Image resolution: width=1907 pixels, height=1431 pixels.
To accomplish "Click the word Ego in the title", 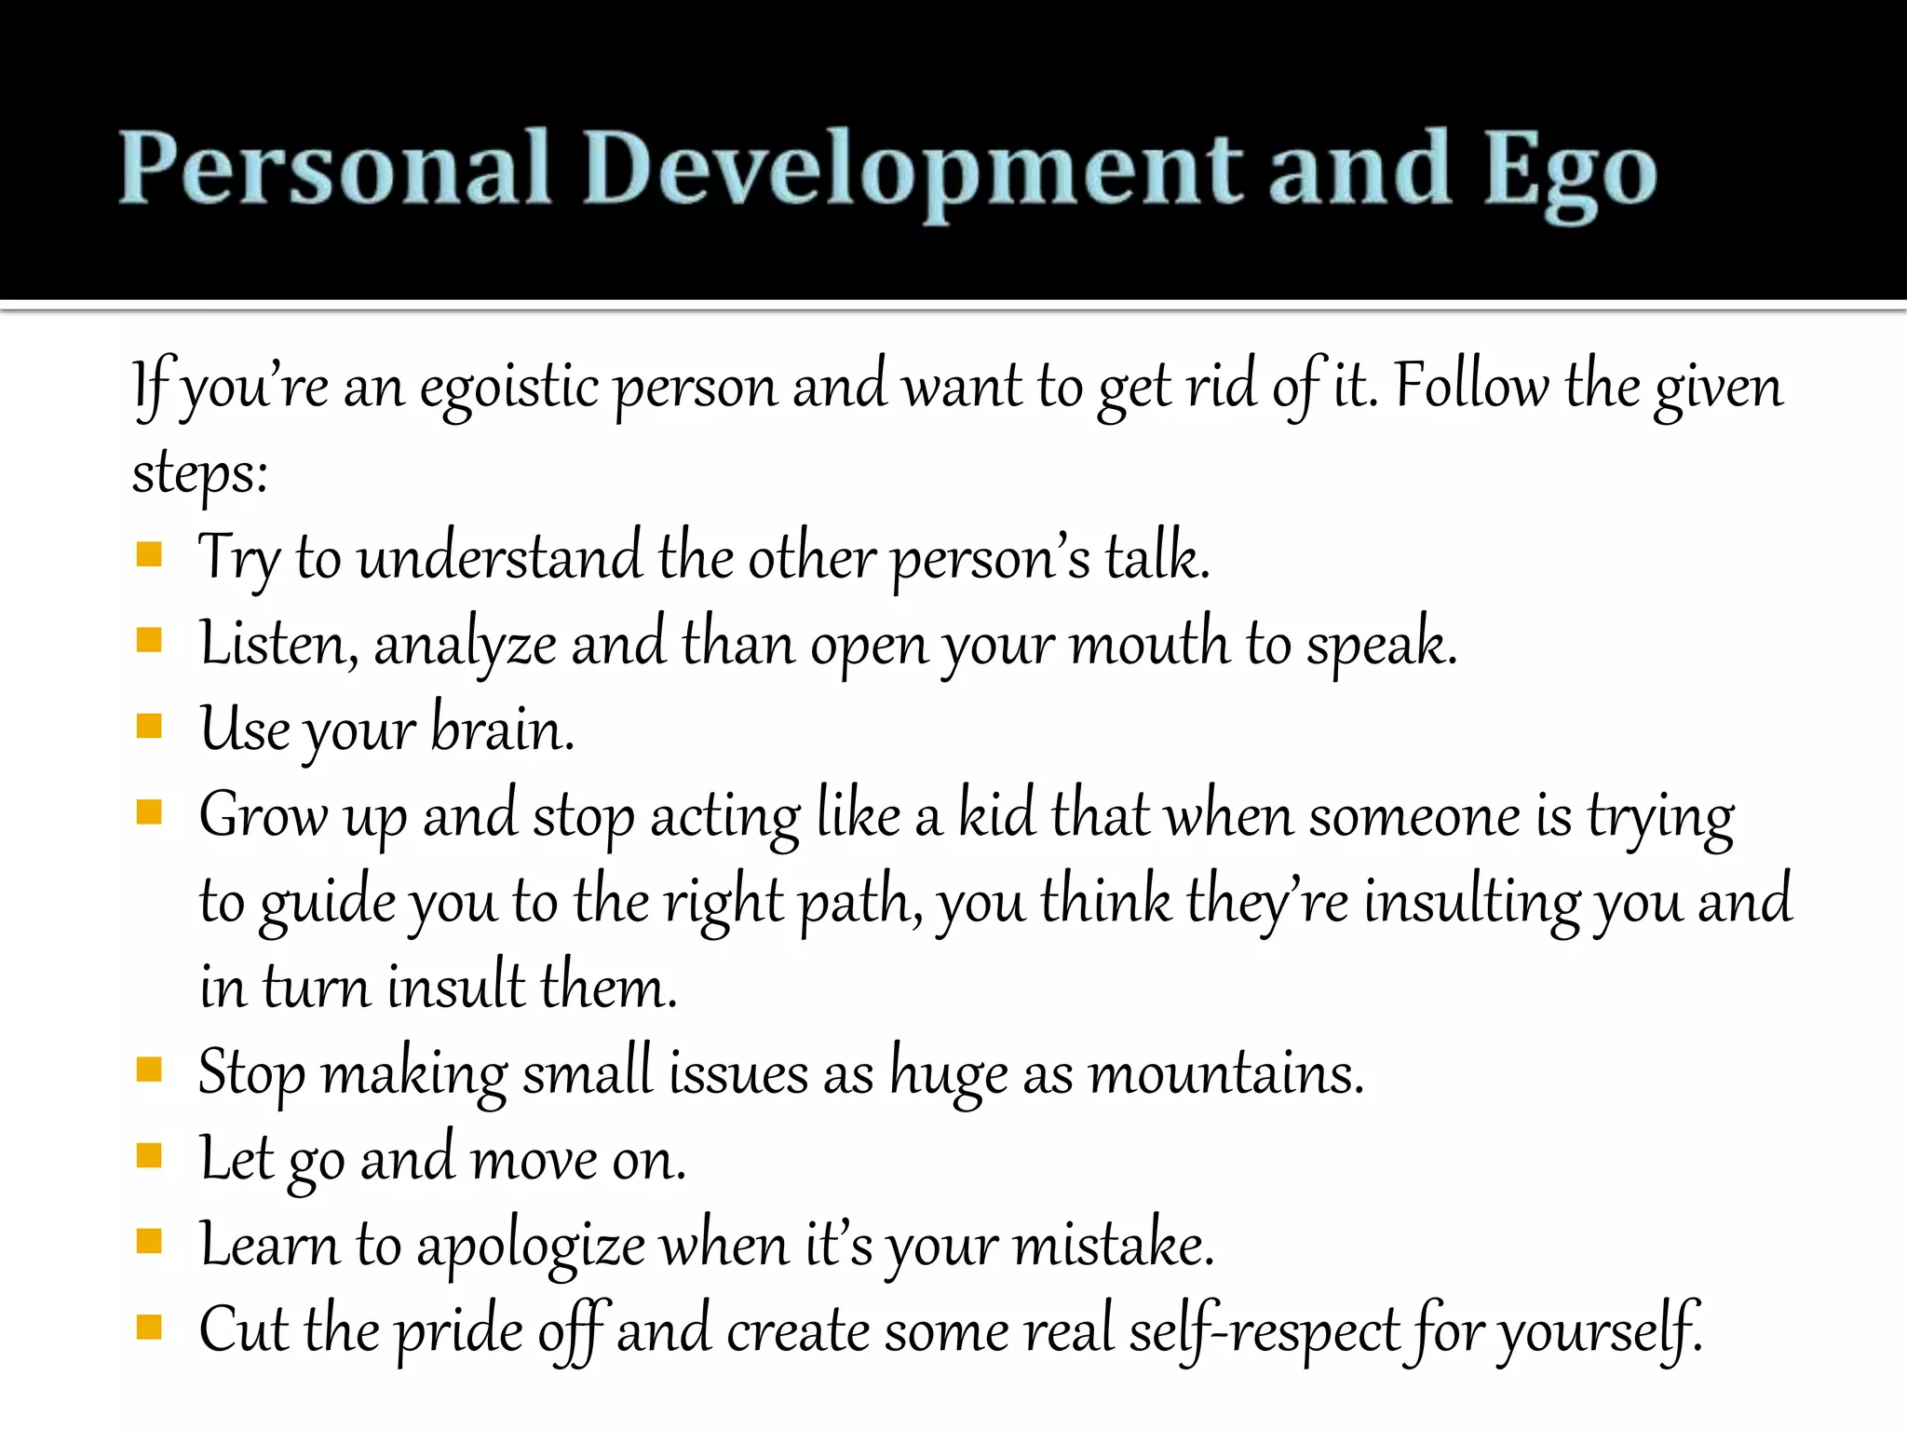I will (x=1569, y=171).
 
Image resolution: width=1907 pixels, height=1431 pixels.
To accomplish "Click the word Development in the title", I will (x=913, y=171).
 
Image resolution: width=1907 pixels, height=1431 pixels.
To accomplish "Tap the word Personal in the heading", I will (x=334, y=168).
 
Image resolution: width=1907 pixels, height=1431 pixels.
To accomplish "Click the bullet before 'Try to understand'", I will (x=149, y=556).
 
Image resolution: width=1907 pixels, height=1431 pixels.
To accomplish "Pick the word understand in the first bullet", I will (x=500, y=557).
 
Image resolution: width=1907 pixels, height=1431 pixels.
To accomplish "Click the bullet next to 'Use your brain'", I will (x=149, y=726).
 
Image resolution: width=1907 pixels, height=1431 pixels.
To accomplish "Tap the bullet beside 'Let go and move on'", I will (x=149, y=1156).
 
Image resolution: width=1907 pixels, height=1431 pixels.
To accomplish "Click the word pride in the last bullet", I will (x=459, y=1331).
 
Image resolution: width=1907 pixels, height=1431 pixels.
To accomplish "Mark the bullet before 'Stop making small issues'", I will (x=149, y=1070).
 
